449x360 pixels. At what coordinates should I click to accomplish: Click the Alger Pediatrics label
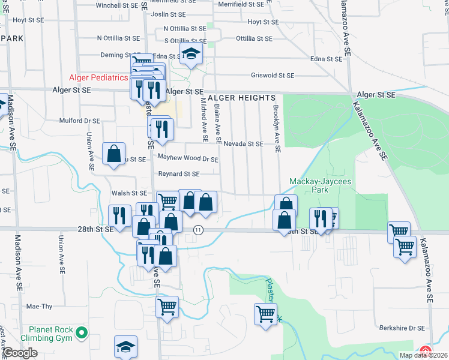point(98,77)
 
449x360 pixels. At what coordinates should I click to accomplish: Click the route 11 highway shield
point(198,230)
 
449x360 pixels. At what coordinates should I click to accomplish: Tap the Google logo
point(20,353)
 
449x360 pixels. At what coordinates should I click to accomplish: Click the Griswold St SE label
point(273,76)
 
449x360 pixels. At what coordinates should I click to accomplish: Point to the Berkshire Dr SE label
point(402,328)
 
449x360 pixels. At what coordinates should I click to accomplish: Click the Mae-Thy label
point(40,306)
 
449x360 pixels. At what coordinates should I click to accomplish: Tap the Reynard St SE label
point(178,174)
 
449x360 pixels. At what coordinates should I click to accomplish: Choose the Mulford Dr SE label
point(79,121)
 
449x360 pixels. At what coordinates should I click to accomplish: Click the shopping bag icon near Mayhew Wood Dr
point(113,154)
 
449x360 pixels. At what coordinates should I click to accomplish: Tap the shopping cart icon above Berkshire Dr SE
point(265,312)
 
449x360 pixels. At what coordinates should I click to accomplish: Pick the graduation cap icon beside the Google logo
point(126,347)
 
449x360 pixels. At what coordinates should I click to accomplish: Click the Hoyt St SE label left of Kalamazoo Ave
point(264,22)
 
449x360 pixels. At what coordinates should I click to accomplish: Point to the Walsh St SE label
point(129,193)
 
